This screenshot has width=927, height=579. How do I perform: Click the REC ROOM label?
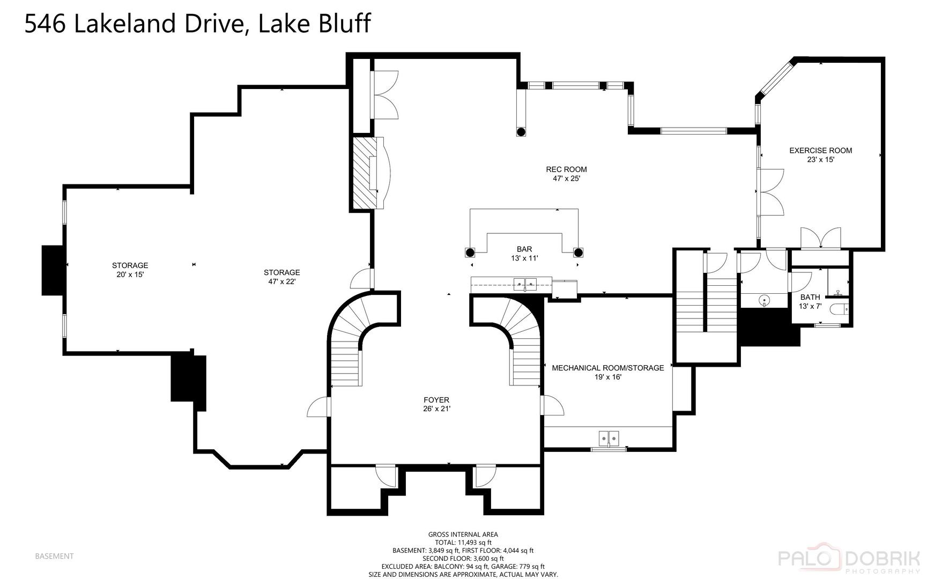click(566, 169)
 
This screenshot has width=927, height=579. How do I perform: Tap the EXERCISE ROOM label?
click(820, 151)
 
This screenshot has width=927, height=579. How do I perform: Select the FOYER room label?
click(436, 400)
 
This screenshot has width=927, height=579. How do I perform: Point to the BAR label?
click(524, 249)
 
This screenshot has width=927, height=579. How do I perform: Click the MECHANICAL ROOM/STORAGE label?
click(608, 368)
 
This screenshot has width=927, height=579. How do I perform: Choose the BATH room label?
click(810, 297)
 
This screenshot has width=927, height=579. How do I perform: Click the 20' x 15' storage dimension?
click(130, 274)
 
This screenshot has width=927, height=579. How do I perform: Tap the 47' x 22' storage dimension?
click(281, 281)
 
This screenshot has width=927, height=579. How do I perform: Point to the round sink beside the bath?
click(764, 299)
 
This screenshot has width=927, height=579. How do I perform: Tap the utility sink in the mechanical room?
click(609, 438)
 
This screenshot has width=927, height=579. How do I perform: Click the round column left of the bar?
click(470, 253)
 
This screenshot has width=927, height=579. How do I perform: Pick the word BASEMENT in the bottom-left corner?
click(54, 556)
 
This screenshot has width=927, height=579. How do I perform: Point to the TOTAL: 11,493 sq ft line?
click(463, 542)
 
